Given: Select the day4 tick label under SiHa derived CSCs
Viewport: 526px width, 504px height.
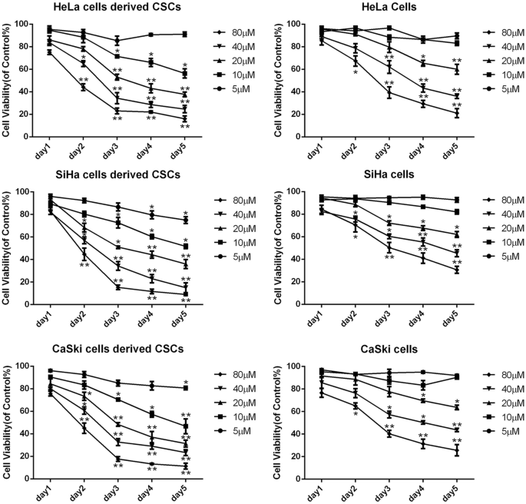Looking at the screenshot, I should (150, 320).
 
